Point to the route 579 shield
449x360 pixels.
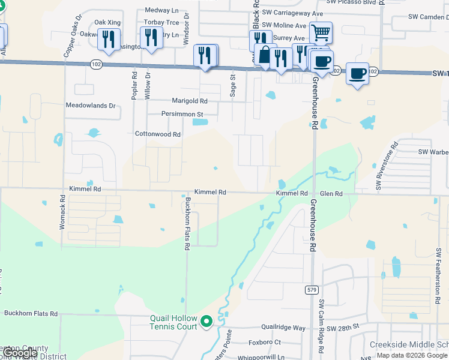(311, 290)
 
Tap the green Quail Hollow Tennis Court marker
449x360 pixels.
(206, 322)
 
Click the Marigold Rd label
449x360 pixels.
(189, 101)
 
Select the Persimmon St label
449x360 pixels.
(182, 113)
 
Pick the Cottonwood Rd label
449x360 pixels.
(158, 134)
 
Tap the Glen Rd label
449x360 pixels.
(331, 194)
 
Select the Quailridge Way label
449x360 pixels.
(283, 328)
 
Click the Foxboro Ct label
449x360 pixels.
(265, 342)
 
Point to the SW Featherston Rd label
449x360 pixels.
(439, 269)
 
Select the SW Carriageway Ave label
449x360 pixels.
(294, 13)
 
